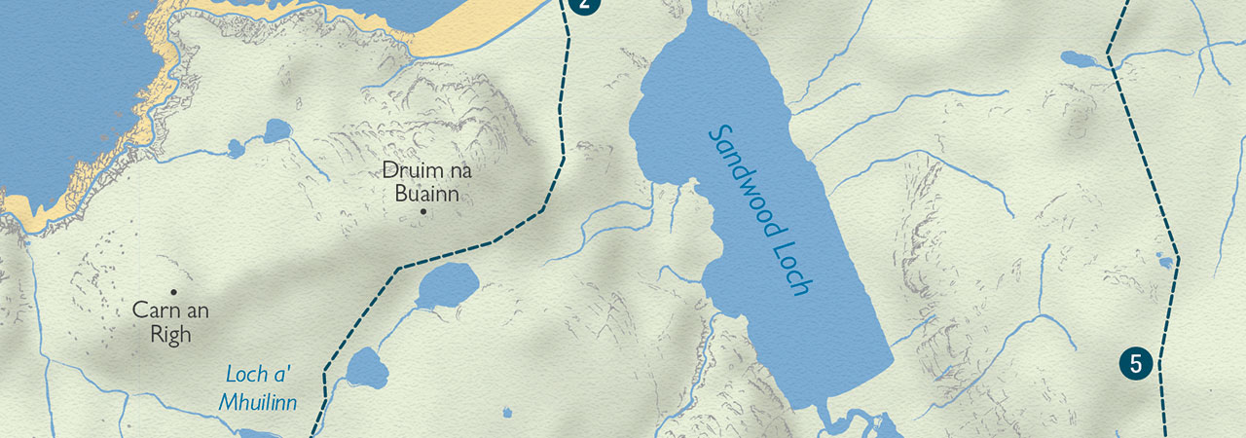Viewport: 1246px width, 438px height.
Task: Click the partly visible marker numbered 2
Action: tap(583, 5)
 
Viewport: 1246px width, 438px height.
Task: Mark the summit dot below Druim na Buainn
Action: tap(423, 211)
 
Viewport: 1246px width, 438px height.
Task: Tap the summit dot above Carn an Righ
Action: tap(174, 291)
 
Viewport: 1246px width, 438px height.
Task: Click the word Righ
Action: tap(171, 334)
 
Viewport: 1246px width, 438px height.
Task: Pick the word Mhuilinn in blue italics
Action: tap(258, 401)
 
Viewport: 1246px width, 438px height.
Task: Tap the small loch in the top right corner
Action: tap(1079, 59)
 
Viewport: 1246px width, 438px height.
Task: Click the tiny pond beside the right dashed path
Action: tap(1164, 261)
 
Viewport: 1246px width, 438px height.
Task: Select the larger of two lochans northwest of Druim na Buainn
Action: tap(276, 130)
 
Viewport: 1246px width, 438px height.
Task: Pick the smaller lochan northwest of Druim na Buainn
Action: tap(236, 148)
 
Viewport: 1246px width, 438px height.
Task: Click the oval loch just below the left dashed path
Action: tap(448, 284)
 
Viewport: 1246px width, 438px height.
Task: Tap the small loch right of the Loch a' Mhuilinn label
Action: tap(367, 368)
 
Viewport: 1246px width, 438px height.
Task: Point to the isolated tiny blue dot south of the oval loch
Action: tap(507, 414)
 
